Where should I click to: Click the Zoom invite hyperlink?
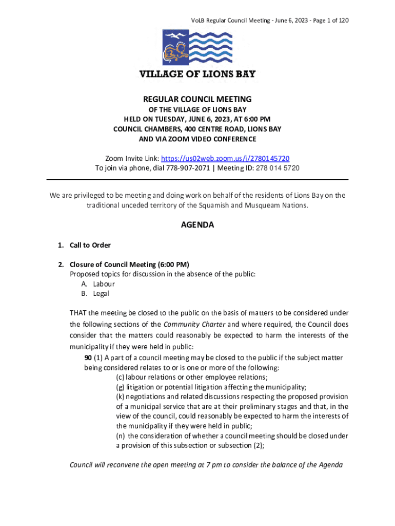(229, 158)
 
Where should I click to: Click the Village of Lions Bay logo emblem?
(197, 47)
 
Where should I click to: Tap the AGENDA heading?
(197, 225)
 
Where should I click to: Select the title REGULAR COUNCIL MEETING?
(197, 99)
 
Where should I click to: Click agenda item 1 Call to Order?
(90, 245)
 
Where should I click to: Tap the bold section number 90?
(88, 358)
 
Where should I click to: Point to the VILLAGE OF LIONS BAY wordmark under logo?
(197, 74)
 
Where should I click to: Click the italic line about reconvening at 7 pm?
(206, 465)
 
